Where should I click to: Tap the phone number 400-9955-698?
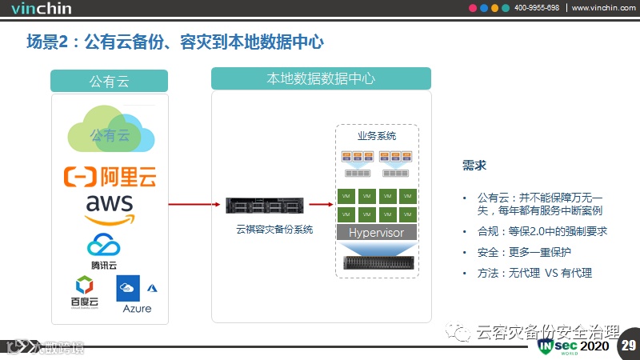536,8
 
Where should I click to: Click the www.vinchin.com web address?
604,8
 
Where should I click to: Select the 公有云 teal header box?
109,81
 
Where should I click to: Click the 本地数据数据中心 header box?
321,78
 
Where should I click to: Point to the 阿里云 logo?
110,175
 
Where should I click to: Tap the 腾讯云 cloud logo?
104,250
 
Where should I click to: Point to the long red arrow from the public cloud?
192,204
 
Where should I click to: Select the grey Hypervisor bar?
376,233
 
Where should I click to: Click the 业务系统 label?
376,136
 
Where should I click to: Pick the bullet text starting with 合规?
542,231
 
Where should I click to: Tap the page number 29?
628,346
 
